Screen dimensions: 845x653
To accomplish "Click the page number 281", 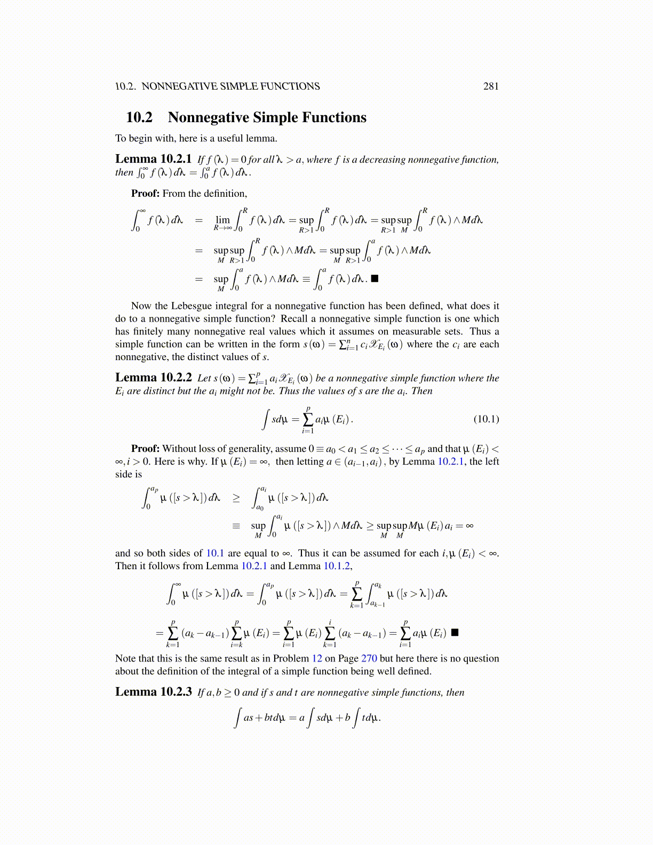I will click(491, 86).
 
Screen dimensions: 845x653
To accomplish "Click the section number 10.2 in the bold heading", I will click(139, 117).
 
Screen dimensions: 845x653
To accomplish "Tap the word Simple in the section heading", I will click(277, 117).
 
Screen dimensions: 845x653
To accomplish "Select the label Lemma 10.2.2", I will click(153, 378).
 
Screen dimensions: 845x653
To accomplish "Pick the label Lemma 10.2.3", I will click(153, 692).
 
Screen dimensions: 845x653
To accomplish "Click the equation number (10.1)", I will click(486, 419).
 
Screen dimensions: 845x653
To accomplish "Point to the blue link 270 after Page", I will click(369, 658).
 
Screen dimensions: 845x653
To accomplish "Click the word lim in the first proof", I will click(222, 220).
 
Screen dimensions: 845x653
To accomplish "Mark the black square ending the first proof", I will click(375, 278).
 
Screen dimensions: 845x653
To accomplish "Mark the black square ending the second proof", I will click(455, 633).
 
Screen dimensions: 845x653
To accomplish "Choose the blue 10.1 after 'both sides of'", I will click(215, 553).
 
